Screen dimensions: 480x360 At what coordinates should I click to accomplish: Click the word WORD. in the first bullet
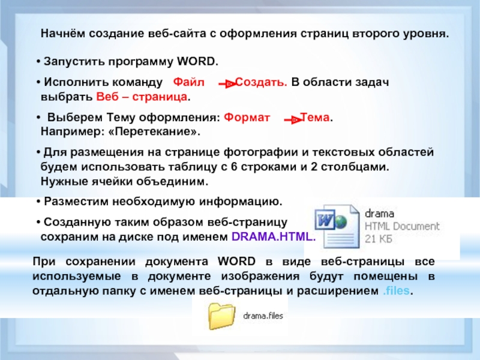pos(198,61)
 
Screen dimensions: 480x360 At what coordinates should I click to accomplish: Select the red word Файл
pos(188,82)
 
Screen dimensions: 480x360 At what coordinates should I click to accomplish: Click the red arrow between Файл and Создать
pos(227,83)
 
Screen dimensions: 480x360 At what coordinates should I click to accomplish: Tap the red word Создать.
pos(262,82)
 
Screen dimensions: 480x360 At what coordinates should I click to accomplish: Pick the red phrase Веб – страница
pos(142,97)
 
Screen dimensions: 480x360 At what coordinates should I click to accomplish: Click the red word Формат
pos(247,117)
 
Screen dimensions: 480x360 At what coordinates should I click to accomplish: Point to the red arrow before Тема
pos(293,119)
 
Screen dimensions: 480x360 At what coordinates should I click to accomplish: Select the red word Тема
pos(315,117)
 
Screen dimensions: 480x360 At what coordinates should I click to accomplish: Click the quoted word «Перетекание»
pos(154,131)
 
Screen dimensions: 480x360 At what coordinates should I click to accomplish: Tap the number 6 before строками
pos(234,167)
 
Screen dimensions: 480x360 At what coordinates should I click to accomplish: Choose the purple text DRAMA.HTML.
pos(274,236)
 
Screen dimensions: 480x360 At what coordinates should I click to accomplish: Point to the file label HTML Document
pos(402,226)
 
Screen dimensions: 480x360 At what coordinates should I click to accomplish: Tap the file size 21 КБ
pos(379,239)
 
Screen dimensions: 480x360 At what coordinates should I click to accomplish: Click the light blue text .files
pos(396,290)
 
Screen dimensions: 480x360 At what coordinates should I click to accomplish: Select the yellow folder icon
pos(221,316)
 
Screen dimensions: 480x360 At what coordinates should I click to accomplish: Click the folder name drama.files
pos(263,316)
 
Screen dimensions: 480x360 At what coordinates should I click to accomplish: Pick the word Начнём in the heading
pos(63,34)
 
